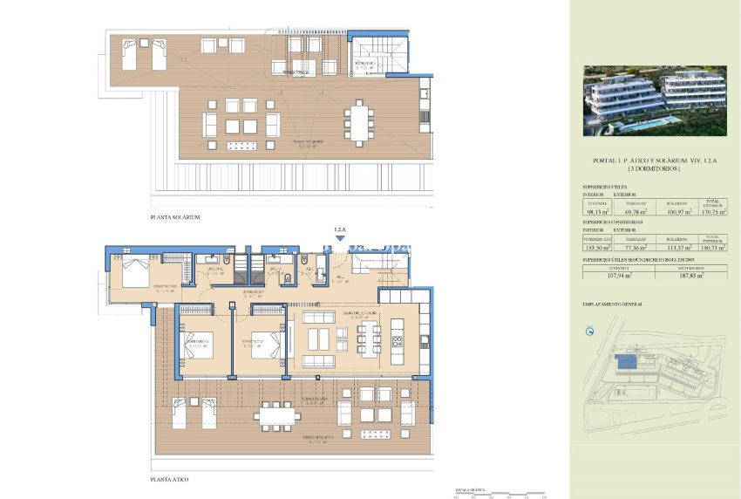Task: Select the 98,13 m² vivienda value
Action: pyautogui.click(x=597, y=210)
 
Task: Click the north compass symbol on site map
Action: pyautogui.click(x=588, y=332)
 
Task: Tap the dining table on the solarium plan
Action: pyautogui.click(x=360, y=121)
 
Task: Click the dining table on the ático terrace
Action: pyautogui.click(x=274, y=415)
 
